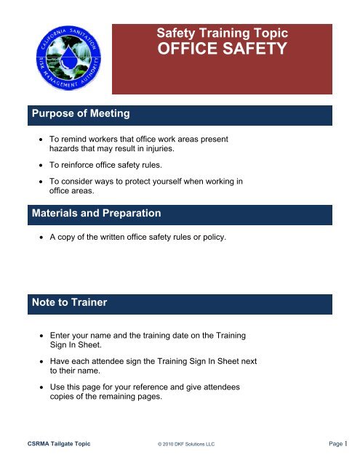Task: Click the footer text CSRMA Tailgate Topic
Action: pos(59,442)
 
